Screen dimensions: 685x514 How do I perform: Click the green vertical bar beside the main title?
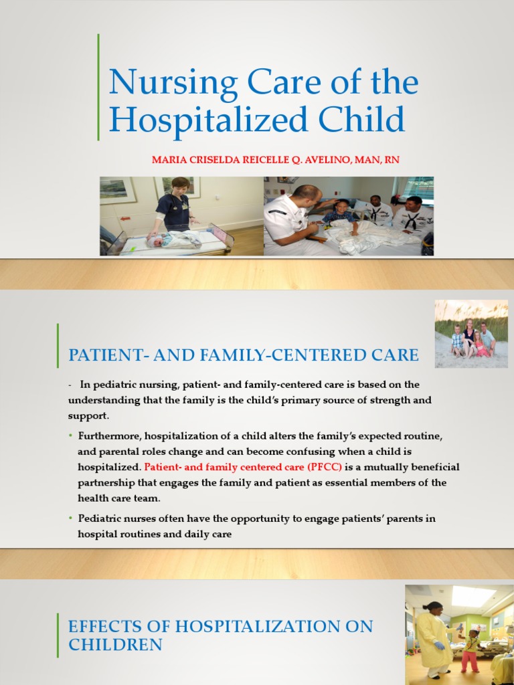tap(98, 87)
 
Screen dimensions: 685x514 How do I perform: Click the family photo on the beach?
tap(471, 334)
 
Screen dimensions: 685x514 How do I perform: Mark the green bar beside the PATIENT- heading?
tap(58, 345)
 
